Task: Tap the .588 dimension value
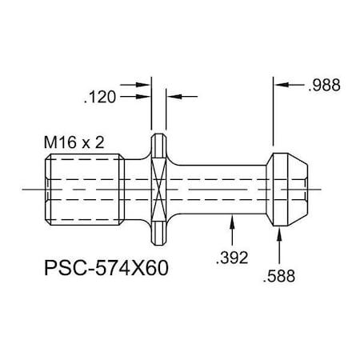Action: [278, 278]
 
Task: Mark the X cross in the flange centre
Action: [158, 190]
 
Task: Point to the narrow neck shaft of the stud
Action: [220, 190]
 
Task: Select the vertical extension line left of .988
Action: [274, 112]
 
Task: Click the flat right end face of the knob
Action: [307, 190]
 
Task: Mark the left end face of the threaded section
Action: [41, 190]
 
